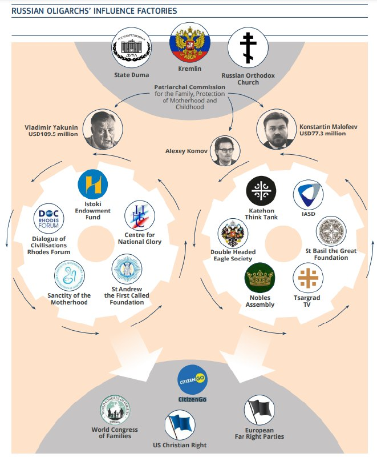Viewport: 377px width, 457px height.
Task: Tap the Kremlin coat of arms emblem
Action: click(188, 43)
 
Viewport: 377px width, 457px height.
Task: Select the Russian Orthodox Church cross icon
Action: click(248, 50)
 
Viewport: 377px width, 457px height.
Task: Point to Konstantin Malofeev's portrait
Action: click(275, 128)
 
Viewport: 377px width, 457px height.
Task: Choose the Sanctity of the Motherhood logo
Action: click(69, 276)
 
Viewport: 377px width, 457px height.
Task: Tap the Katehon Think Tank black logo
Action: click(261, 193)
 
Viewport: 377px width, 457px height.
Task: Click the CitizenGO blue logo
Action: click(192, 379)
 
